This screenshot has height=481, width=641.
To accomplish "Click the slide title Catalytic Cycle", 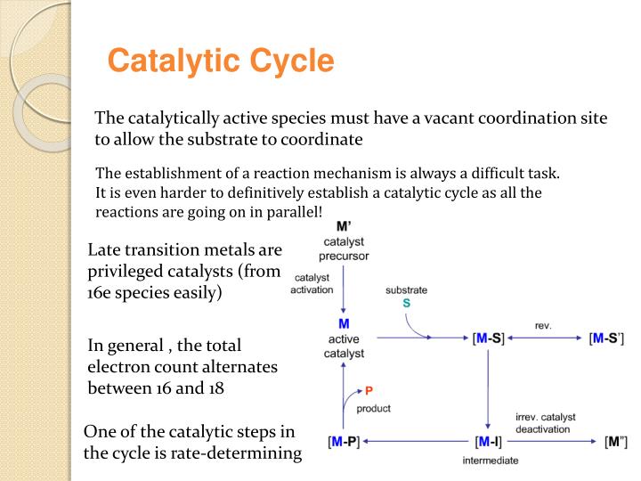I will coord(221,62).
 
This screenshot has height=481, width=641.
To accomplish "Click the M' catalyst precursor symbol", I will coord(343,226).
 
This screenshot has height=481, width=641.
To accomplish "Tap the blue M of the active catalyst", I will coord(344,323).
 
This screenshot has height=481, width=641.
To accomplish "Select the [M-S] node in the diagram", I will coord(488,338).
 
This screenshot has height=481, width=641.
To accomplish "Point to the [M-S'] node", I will coord(606,338).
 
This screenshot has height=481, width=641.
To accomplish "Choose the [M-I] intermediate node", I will coord(488,442).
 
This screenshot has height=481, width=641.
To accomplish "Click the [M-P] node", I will coord(344,442).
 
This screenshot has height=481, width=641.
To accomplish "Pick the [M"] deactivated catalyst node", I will coord(615,442).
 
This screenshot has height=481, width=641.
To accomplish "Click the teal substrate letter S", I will coord(407,304).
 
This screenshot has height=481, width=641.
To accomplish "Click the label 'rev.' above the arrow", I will coord(543,325).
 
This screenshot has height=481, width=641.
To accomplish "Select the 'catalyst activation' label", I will coord(312,283).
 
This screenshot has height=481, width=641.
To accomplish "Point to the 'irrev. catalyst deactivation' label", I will coord(545,422).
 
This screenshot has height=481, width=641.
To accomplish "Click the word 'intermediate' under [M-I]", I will coord(490,461).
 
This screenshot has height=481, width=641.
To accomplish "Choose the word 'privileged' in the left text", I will coord(132,271).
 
